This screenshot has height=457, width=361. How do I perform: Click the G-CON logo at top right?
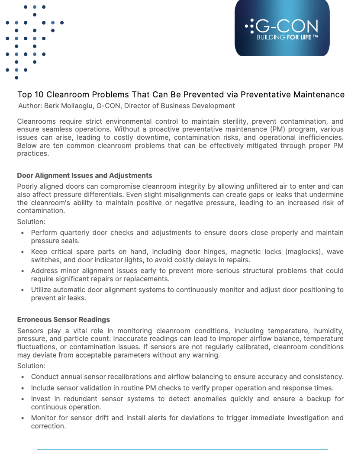point(282,28)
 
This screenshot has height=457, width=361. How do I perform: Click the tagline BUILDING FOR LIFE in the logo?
point(287,38)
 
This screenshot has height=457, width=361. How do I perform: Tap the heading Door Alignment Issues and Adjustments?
point(84,175)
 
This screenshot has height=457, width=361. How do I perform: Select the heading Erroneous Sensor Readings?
point(63,319)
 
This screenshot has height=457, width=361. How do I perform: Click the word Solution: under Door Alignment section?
point(31,222)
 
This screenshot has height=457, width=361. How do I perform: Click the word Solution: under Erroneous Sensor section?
point(31,366)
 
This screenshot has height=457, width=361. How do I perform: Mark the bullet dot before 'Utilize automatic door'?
point(23,290)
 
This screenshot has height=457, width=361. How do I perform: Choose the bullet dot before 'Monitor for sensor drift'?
point(23,418)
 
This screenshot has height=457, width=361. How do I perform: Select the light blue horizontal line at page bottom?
point(182,449)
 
